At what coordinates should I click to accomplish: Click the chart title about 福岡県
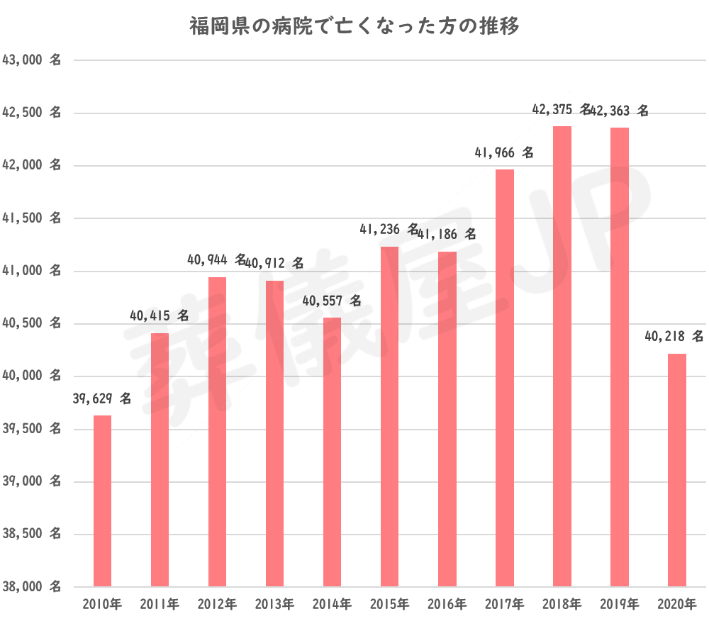[354, 27]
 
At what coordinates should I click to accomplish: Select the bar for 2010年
[103, 501]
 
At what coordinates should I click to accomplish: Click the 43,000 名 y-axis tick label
[32, 60]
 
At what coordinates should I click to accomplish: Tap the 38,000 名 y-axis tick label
[32, 587]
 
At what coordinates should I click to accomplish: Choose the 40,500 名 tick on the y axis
[32, 324]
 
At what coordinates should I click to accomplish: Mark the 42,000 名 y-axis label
[32, 166]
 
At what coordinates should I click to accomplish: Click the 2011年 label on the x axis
[160, 605]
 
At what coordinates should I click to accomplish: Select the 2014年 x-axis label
[332, 605]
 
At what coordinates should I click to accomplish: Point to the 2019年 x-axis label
[619, 605]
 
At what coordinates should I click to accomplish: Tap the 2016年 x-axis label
[447, 605]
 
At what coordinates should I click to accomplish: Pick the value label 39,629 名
[102, 400]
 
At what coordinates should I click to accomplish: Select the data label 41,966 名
[504, 152]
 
